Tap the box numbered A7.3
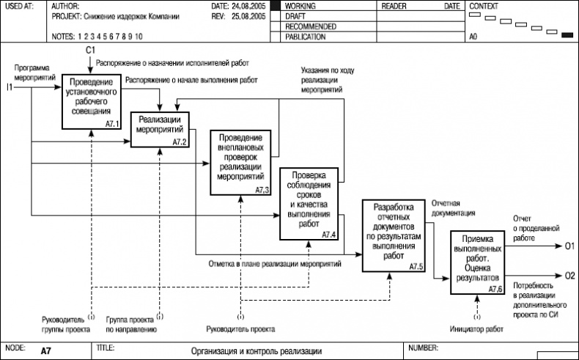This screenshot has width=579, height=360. [x=241, y=163]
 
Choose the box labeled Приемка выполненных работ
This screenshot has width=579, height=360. [x=477, y=262]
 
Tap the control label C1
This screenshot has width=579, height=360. [x=90, y=49]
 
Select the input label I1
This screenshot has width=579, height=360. [x=10, y=88]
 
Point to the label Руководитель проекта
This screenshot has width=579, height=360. [x=241, y=329]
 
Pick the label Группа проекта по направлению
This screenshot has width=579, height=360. [x=131, y=324]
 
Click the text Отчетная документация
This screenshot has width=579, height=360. [x=453, y=207]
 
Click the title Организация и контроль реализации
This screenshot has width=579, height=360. [x=257, y=351]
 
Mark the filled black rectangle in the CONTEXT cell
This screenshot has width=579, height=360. [x=567, y=34]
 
